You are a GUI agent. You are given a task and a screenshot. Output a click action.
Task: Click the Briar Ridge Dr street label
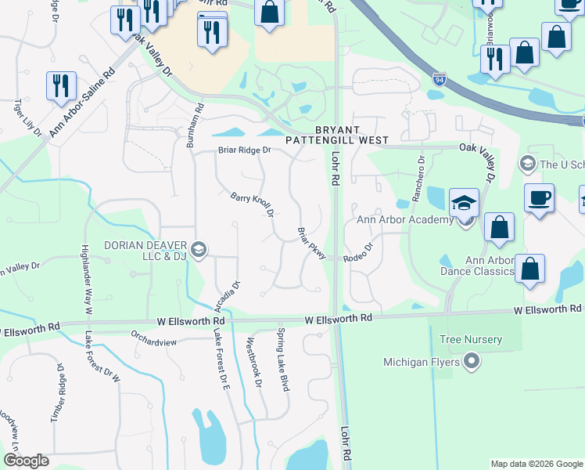coord(244,150)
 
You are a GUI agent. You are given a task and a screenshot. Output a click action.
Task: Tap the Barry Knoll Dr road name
coord(252,204)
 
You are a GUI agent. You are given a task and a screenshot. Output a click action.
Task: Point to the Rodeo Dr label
coord(358,251)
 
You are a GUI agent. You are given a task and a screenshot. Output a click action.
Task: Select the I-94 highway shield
coord(440,79)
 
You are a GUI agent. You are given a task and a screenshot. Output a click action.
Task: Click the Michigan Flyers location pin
coord(470,362)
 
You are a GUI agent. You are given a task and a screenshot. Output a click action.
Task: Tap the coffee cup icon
coord(540,198)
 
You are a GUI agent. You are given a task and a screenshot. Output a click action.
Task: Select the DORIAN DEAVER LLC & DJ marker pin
coord(198,249)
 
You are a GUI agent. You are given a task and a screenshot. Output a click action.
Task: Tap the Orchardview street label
coord(155,342)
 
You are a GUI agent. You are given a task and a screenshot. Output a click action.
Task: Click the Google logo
coord(26,461)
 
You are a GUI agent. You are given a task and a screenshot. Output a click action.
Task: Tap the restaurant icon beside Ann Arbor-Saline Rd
coord(61,85)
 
